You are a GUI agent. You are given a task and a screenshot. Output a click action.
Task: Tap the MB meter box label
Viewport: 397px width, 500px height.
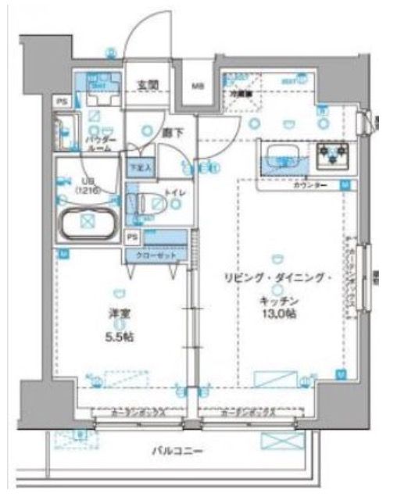[198, 87]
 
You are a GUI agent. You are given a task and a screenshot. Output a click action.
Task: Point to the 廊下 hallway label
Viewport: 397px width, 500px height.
[173, 132]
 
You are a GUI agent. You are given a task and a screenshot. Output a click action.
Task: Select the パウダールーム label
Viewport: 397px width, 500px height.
[98, 142]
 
